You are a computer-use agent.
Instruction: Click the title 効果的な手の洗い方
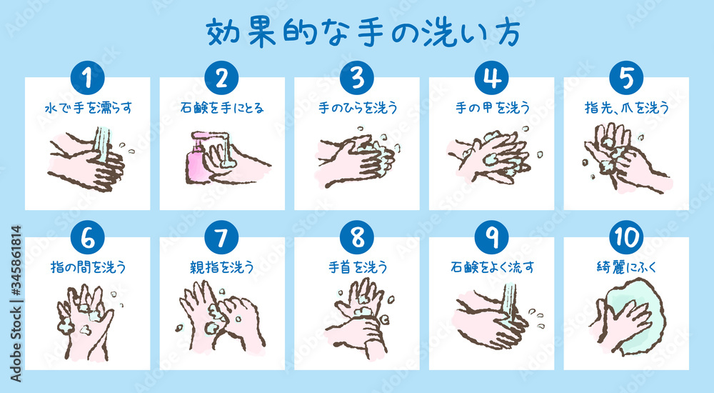pos(357,32)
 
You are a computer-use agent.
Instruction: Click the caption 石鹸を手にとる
pos(222,109)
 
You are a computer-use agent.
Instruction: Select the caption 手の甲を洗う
pos(492,109)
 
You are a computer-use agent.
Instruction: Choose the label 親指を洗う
pos(222,268)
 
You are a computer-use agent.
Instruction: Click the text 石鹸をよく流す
pos(492,268)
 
